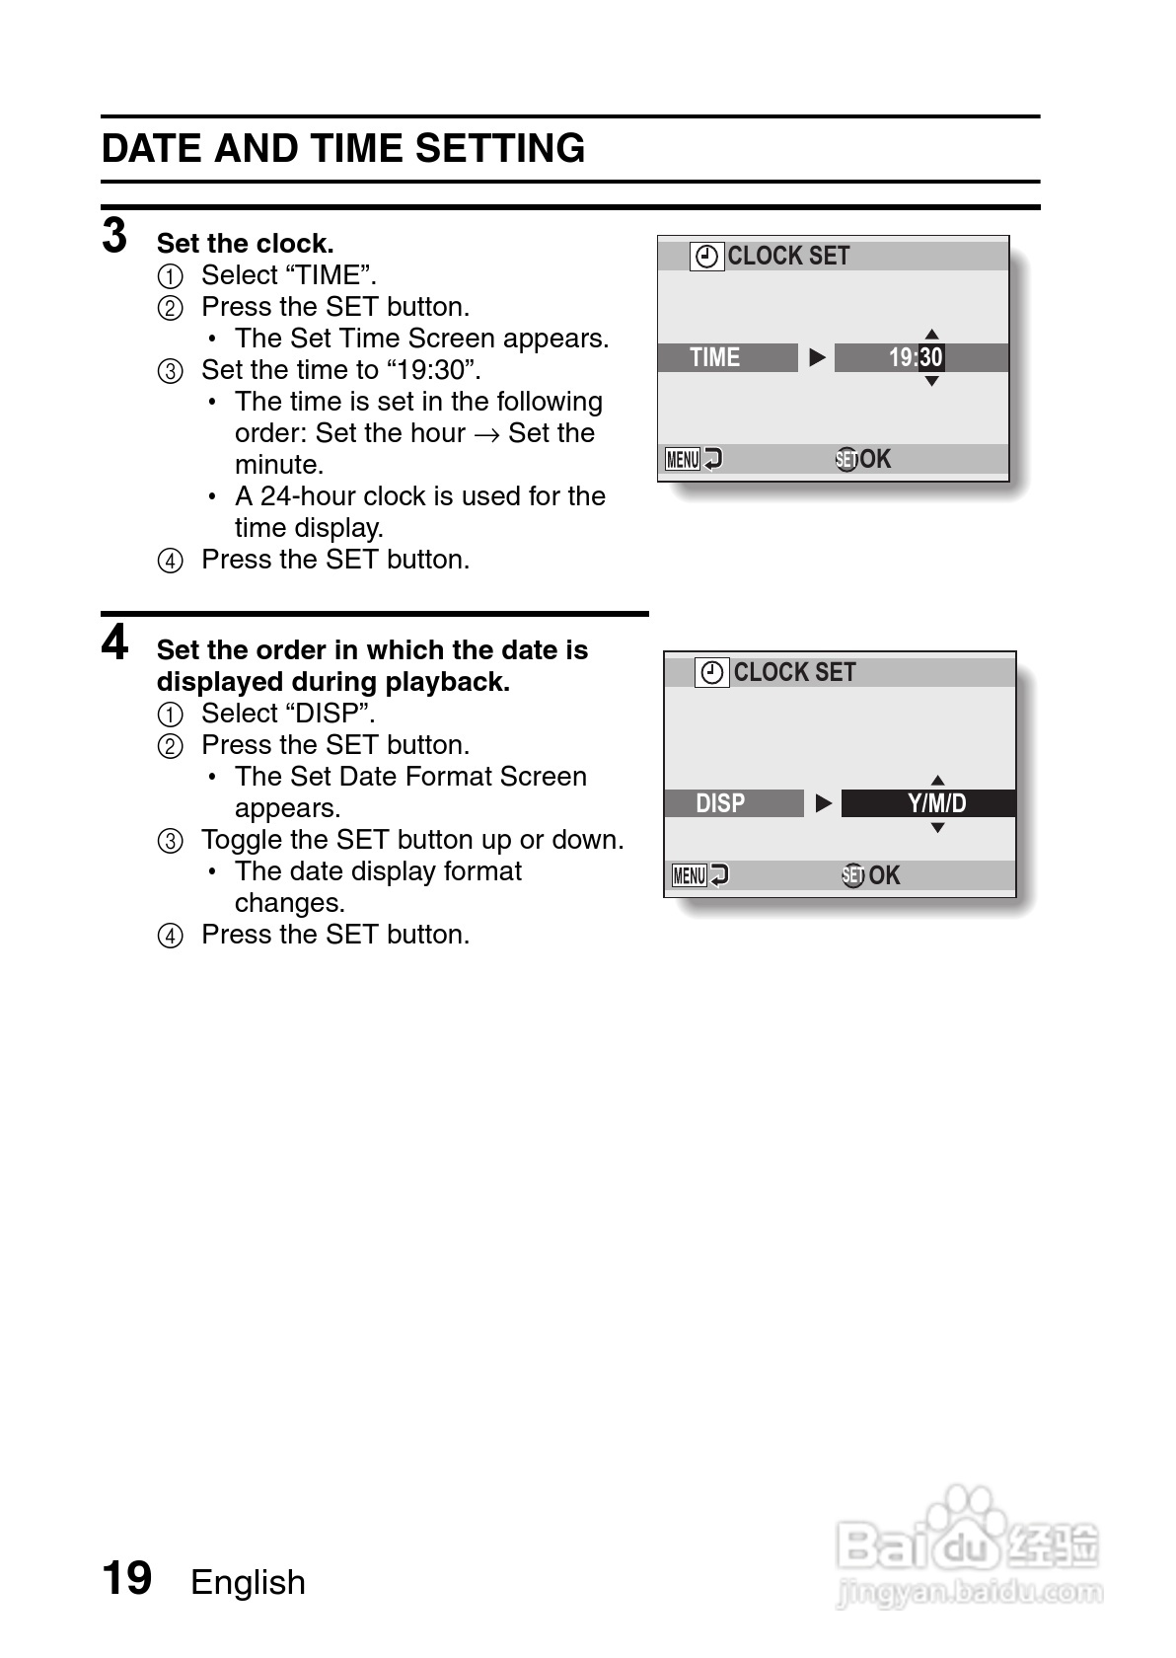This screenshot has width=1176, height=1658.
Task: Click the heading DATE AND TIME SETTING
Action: (x=343, y=149)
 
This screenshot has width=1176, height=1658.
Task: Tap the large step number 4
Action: (x=114, y=642)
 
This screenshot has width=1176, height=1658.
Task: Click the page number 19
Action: (x=127, y=1577)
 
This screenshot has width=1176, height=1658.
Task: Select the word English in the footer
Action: (x=248, y=1582)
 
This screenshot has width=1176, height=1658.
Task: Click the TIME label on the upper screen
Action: (x=715, y=357)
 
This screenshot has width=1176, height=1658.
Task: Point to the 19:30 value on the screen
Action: (x=916, y=357)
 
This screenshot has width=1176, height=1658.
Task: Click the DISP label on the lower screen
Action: (x=720, y=803)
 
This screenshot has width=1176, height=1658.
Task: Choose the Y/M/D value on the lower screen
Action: (x=936, y=803)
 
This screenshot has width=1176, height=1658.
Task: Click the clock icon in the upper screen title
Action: (x=706, y=257)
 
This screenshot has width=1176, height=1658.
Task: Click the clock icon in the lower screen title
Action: (x=712, y=673)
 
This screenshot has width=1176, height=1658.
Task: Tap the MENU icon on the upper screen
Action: (x=684, y=459)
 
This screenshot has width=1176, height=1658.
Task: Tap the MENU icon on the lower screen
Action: (x=690, y=875)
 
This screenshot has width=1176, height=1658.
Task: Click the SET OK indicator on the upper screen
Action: (x=863, y=459)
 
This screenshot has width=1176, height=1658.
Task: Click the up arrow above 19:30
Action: (x=931, y=335)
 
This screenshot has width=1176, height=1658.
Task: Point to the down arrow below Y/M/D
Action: (x=937, y=828)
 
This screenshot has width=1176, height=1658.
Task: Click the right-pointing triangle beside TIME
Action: (x=817, y=357)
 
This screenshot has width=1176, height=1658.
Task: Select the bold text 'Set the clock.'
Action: (x=245, y=244)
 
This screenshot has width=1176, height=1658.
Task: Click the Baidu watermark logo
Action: (x=967, y=1545)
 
